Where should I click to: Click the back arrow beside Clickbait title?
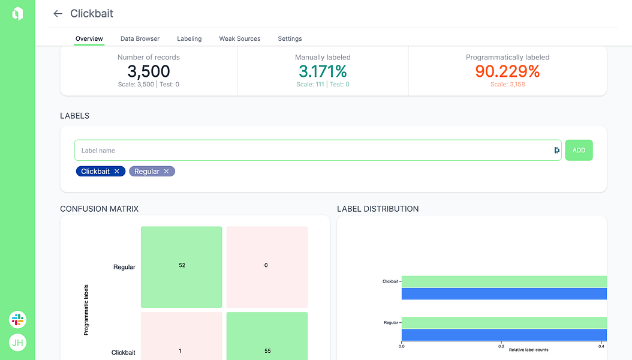point(58,14)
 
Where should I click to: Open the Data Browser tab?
point(140,38)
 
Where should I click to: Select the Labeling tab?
point(189,38)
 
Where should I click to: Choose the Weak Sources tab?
point(240,38)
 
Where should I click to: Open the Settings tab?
point(290,38)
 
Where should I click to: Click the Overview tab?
point(89,38)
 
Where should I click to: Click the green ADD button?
point(579,150)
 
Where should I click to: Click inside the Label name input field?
point(312,151)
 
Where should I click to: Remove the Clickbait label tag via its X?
point(117,172)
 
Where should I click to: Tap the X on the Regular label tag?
point(167,172)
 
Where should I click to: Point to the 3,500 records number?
point(149,71)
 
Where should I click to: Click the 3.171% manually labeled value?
point(323,71)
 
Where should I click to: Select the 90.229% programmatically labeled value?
point(507,71)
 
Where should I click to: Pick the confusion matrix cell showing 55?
point(267,336)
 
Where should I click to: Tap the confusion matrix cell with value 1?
point(182,336)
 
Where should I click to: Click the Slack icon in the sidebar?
point(17,319)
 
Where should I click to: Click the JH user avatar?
point(17,343)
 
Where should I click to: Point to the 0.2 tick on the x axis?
point(501,346)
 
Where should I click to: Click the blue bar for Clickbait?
point(504,294)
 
